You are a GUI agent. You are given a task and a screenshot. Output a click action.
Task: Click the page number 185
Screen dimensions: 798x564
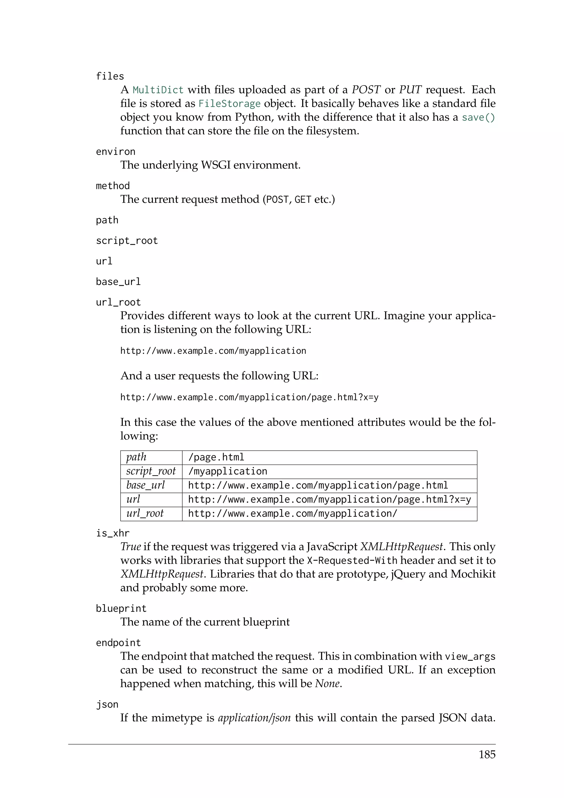tap(487, 754)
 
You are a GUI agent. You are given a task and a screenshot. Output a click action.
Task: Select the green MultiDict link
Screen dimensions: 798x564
tap(158, 90)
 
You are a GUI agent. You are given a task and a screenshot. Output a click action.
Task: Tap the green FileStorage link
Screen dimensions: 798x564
tap(229, 104)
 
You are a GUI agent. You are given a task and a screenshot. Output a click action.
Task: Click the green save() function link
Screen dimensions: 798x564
tap(478, 117)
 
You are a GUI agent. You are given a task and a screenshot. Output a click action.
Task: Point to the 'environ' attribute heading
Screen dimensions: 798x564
tap(116, 152)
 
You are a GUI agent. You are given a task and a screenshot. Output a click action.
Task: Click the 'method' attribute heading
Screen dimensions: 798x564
tap(113, 186)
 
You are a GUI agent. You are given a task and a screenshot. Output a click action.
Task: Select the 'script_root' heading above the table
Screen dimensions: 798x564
tap(127, 241)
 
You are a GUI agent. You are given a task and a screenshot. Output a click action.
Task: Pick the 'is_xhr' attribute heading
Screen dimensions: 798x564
tap(113, 533)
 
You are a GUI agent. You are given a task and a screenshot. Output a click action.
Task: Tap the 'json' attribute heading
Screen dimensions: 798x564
tap(107, 705)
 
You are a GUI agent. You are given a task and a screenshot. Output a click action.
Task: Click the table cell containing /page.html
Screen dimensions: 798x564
tap(216, 457)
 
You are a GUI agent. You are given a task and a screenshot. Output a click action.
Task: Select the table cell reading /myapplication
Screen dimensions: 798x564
tap(227, 471)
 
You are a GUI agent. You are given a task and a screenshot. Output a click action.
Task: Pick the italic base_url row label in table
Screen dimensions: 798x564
tap(145, 485)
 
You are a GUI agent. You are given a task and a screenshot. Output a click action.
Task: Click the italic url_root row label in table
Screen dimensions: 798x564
tap(145, 513)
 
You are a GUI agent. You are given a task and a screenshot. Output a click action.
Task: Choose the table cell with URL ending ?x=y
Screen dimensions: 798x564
tap(329, 500)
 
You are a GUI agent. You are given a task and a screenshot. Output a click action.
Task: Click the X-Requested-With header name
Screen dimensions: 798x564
tap(352, 561)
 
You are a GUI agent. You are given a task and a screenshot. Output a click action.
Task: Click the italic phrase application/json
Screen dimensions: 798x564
tap(254, 718)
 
